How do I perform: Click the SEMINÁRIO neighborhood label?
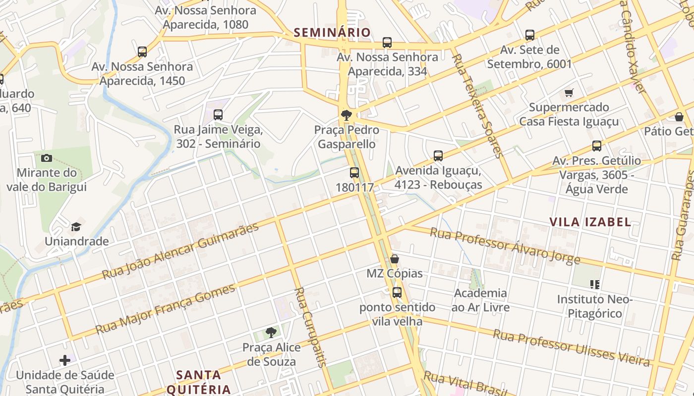(332, 33)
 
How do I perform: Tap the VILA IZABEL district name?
(590, 222)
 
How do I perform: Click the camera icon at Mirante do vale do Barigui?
(47, 158)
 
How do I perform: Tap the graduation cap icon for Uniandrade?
(76, 227)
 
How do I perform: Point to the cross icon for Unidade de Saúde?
(65, 360)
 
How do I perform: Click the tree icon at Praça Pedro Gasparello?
(347, 115)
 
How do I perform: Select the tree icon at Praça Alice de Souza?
(271, 333)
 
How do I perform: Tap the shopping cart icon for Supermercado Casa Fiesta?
(569, 93)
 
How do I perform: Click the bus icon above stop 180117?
(354, 173)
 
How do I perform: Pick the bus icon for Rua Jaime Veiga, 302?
(218, 115)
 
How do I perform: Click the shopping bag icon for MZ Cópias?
(395, 259)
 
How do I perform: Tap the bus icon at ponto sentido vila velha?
(397, 293)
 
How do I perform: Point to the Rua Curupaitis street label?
(310, 327)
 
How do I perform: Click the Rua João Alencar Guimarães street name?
(180, 251)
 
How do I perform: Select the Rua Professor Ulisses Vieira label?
(571, 348)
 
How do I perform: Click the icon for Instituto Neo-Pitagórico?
(595, 285)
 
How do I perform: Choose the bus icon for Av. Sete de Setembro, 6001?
(530, 35)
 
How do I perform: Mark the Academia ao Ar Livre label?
(480, 300)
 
